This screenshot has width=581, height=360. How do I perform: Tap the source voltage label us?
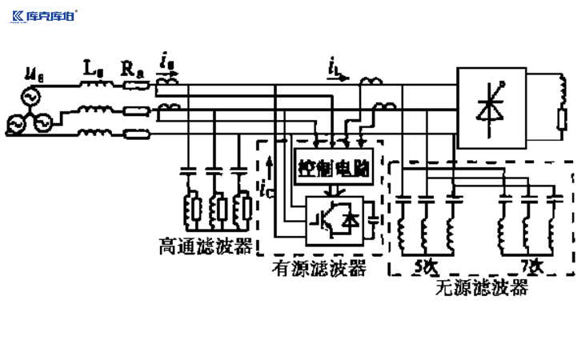coord(34,75)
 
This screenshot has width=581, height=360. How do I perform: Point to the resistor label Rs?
coord(133,71)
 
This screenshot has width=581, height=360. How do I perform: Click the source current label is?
coord(165,62)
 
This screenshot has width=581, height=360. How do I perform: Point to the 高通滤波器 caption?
coord(206,247)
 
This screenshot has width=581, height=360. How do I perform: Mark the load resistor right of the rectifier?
coord(561,120)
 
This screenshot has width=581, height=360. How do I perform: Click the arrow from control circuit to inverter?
coord(336,190)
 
